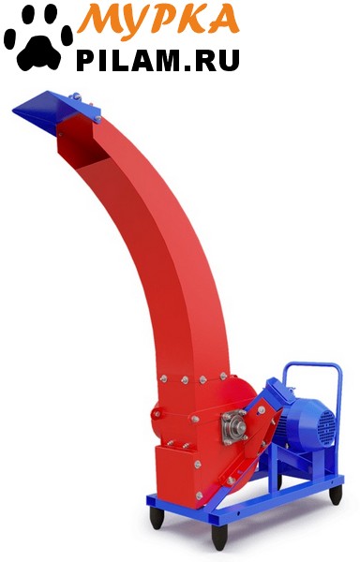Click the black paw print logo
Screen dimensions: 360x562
(38, 37)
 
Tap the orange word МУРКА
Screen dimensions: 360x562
(158, 19)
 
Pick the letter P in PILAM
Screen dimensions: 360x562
(85, 61)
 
